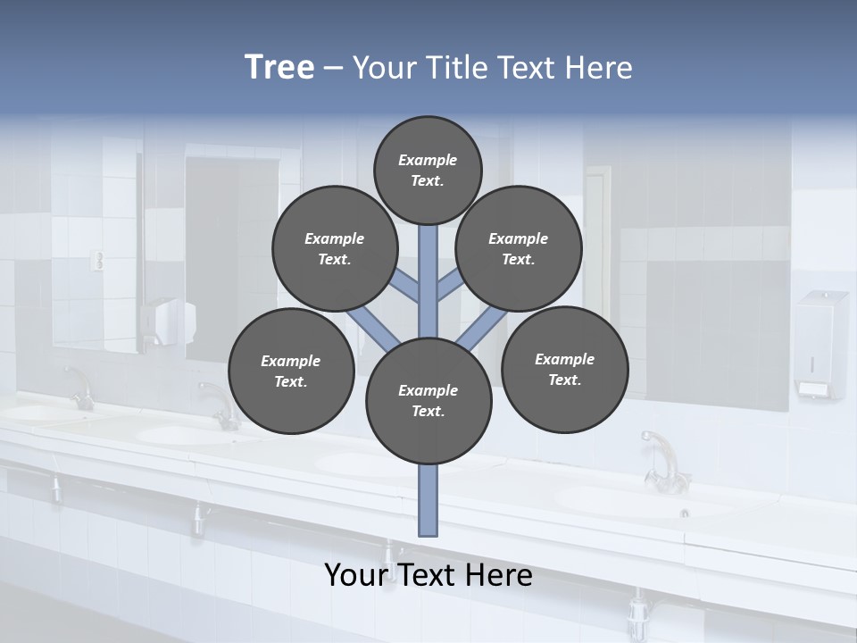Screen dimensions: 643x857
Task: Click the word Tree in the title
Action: [279, 67]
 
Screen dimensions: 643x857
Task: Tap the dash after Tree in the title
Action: [334, 69]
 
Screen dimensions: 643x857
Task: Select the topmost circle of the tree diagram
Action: [428, 170]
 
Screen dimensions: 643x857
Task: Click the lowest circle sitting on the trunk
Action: [428, 401]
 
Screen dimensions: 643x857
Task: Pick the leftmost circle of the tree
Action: [291, 372]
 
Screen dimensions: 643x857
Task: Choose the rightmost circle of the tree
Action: [564, 370]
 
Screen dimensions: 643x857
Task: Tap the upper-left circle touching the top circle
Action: [335, 249]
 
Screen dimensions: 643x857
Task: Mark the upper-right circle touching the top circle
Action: [518, 249]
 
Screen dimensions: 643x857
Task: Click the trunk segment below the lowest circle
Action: [428, 500]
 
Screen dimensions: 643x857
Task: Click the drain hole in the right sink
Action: [685, 513]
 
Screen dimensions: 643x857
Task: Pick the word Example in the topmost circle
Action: [428, 160]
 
